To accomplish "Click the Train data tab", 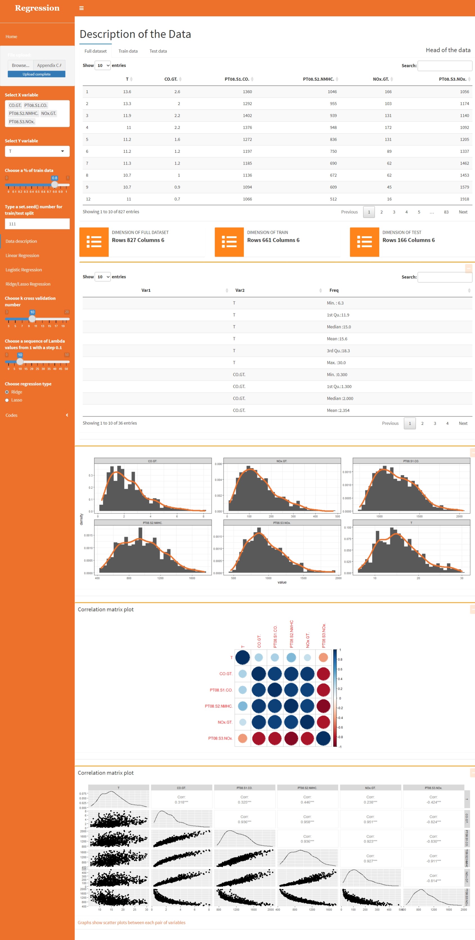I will point(128,51).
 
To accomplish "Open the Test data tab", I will point(158,51).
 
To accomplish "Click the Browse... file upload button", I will point(21,65).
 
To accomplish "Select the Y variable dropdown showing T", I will point(37,151).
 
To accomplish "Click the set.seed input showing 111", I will point(37,224).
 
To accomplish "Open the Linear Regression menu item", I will point(22,255).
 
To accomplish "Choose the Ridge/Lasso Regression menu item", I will point(28,284).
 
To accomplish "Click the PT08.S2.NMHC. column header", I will point(318,79).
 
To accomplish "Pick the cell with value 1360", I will point(247,92).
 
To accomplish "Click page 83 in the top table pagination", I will point(446,212).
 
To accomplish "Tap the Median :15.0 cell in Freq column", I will point(339,327).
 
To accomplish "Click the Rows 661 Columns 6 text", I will point(273,240).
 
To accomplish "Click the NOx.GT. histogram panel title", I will point(281,461).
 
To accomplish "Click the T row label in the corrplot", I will point(231,658).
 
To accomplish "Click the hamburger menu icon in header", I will point(81,8).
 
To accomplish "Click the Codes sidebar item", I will point(11,415).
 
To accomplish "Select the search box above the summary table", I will point(444,277).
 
